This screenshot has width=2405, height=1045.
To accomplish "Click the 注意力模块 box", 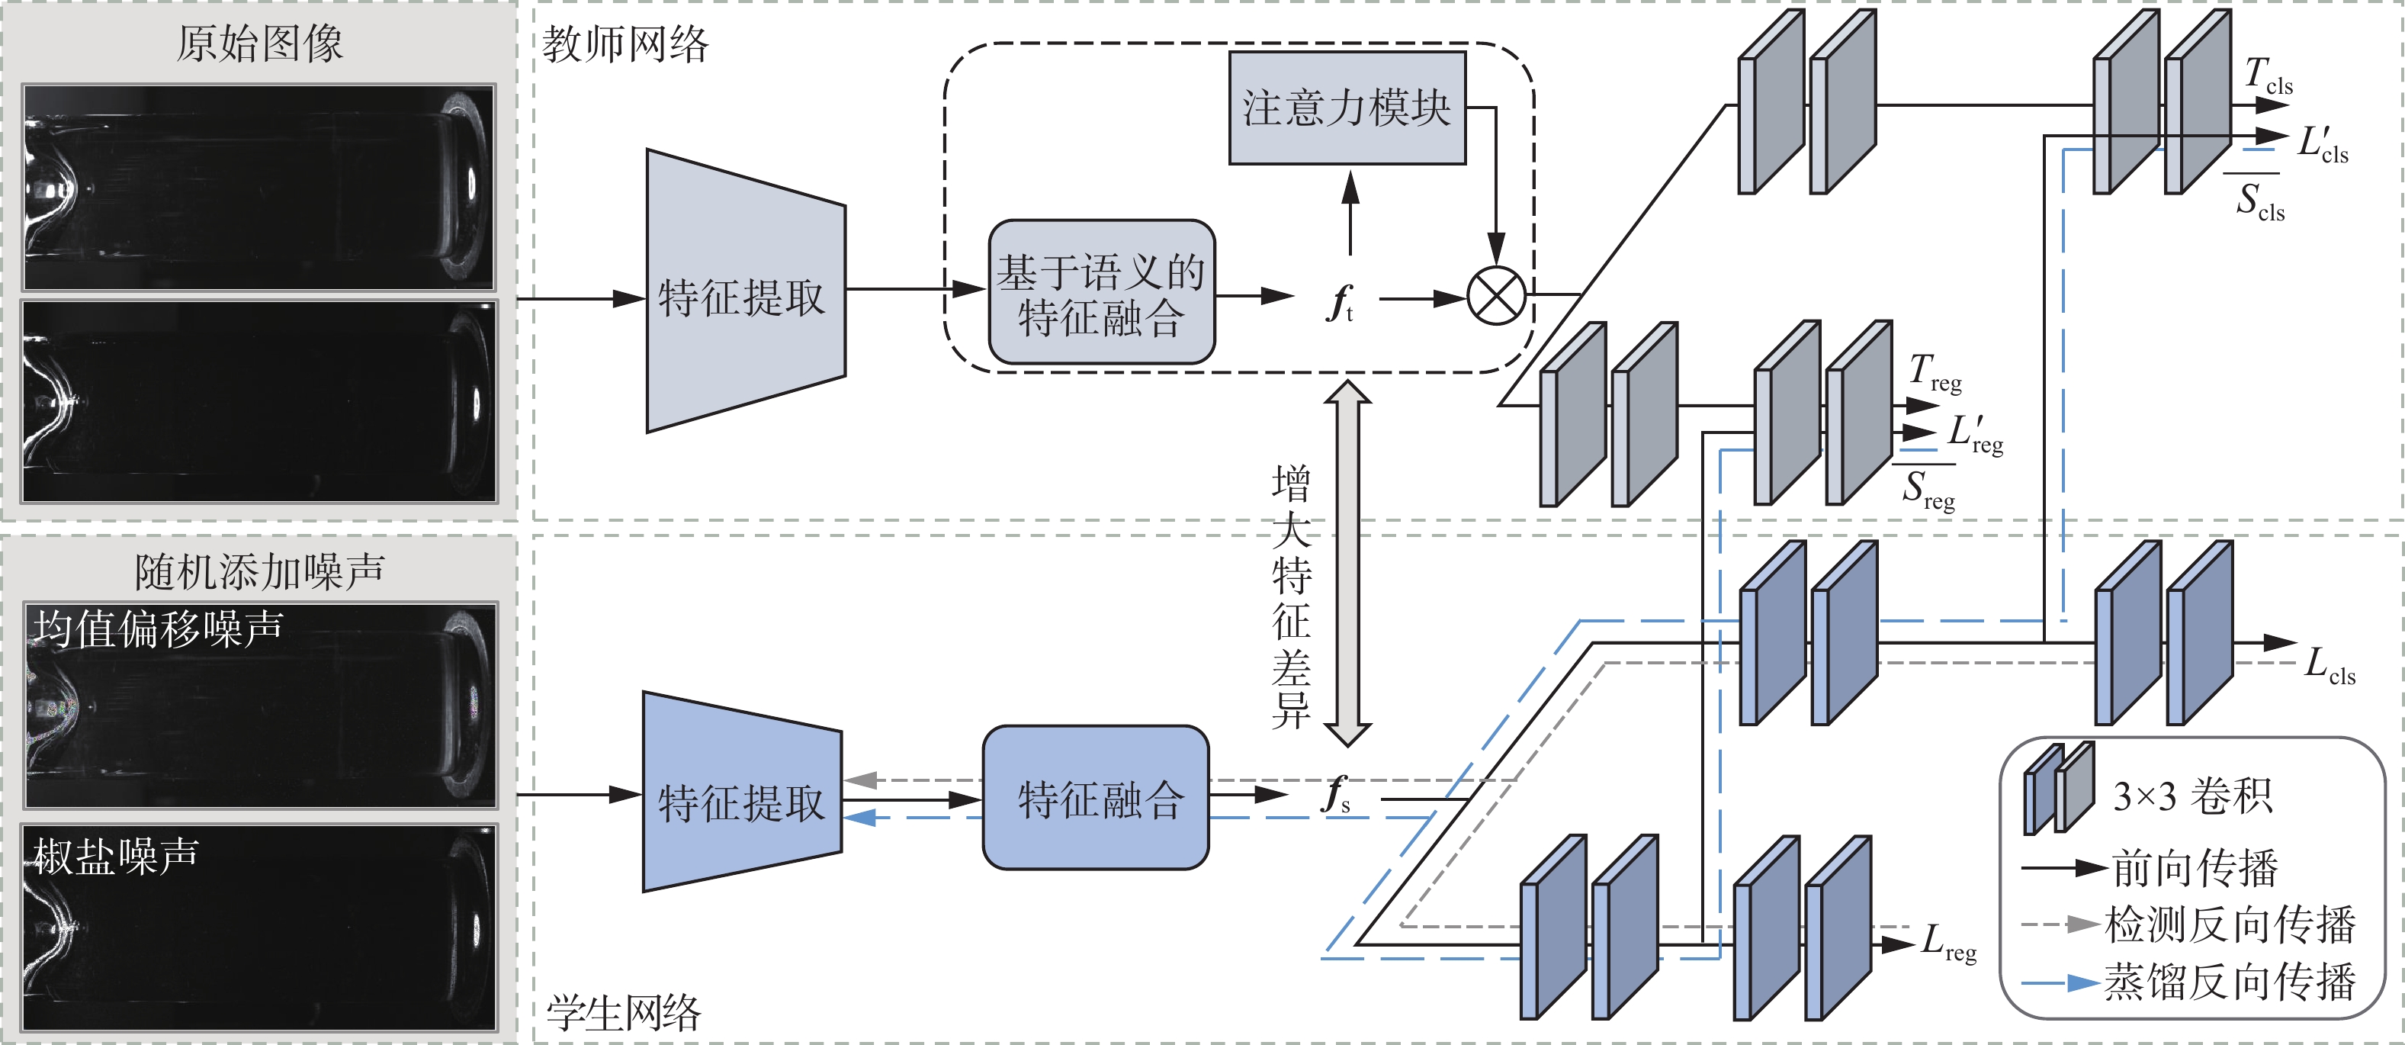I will (1347, 108).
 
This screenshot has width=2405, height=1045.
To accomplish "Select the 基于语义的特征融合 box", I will (1102, 292).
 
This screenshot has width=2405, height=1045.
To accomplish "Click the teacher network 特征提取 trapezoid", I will (745, 291).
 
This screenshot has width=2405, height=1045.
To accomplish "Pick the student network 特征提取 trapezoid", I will (741, 794).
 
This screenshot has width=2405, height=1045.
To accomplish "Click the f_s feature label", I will (1336, 795).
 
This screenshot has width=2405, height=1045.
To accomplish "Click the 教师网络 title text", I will (625, 45).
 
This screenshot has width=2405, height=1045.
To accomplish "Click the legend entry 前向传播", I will (2194, 869).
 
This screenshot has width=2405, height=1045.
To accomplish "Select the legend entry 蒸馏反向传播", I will (2230, 982).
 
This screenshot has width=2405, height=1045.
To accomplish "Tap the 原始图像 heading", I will (259, 43).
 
